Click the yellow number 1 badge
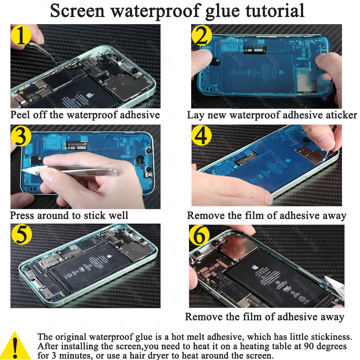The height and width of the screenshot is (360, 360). click(x=21, y=36)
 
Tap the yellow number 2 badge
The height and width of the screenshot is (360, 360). click(x=202, y=36)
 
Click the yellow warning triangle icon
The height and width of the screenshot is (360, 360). click(x=15, y=346)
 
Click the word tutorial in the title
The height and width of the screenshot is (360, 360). click(x=275, y=10)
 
